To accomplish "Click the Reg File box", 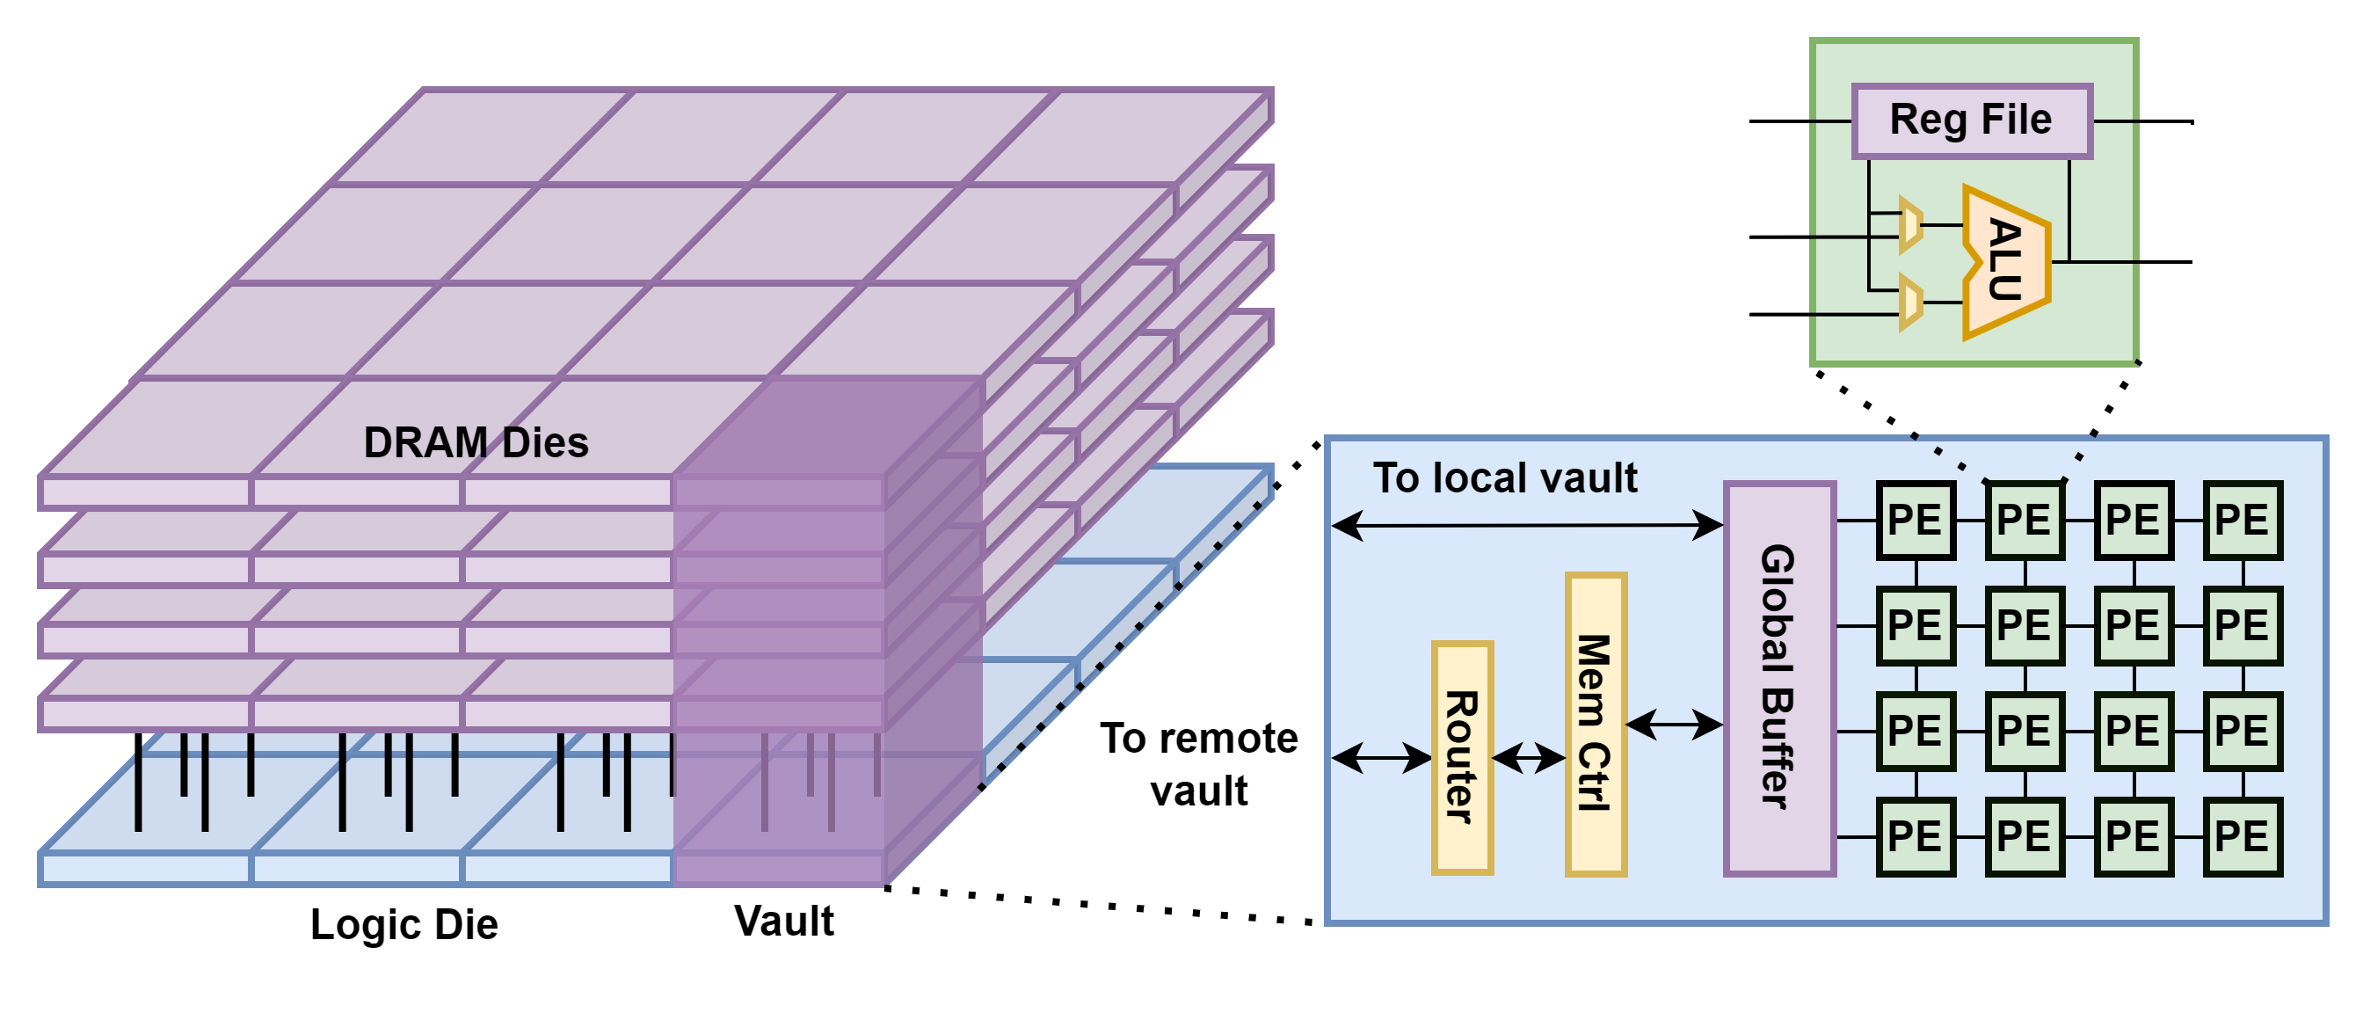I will pos(1971,120).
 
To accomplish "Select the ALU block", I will pos(2006,261).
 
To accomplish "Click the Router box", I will pos(1462,757).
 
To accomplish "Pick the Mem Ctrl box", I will pos(1596,724).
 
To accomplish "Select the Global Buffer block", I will pos(1778,678).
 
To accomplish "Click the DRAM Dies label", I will pos(476,442).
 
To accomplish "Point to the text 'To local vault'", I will pos(1504,478).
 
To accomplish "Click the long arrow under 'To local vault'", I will pos(1526,526).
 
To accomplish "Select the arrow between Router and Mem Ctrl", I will pos(1528,758).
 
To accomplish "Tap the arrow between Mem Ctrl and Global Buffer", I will pos(1674,724).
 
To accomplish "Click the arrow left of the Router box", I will pos(1381,758).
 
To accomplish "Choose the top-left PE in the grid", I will pos(1916,521).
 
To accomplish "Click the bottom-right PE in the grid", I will pos(2242,836).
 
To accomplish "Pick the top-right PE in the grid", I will pos(2242,521).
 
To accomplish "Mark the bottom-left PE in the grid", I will pos(1916,836).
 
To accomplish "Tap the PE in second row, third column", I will pos(2134,626).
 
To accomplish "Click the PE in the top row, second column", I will pos(2025,521).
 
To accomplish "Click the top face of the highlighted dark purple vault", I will pos(825,426).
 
